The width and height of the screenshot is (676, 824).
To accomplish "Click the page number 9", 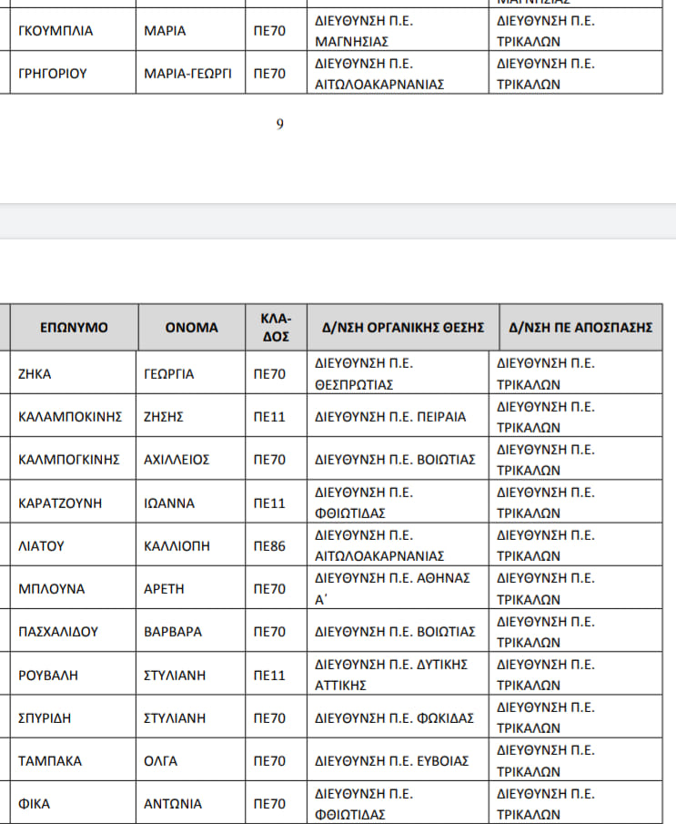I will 280,125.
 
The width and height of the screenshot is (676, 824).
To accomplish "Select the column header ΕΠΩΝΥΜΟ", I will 74,327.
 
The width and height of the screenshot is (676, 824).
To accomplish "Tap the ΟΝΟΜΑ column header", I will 191,327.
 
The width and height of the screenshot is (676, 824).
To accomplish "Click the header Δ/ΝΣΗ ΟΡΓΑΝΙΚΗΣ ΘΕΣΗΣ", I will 403,327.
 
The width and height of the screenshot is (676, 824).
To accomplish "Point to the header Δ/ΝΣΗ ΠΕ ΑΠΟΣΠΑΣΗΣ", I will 580,327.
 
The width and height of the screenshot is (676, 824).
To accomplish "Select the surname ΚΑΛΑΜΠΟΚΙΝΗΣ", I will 70,417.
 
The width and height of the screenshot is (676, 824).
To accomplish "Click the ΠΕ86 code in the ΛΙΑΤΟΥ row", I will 269,546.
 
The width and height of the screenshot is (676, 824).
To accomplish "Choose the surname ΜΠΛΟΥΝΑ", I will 52,589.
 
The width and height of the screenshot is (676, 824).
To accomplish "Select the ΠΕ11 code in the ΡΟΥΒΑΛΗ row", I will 269,675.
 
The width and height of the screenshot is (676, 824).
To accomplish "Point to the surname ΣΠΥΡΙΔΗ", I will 46,717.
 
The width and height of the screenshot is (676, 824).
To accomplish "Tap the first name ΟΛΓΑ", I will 161,761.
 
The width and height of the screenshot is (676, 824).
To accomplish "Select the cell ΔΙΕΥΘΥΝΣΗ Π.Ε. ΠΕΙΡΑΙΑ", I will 390,417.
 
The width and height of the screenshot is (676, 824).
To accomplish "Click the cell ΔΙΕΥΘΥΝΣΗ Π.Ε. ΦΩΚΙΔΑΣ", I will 394,717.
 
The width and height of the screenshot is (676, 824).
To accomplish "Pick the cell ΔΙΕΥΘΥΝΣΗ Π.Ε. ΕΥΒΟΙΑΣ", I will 392,761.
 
